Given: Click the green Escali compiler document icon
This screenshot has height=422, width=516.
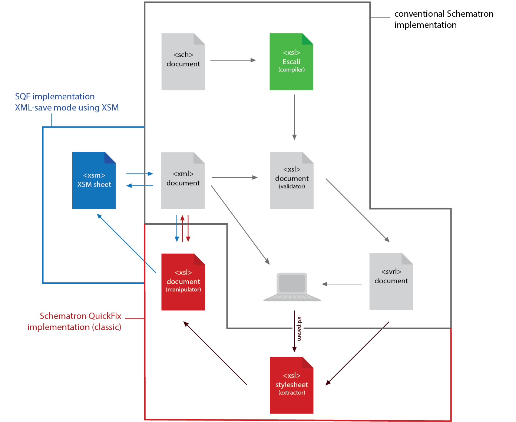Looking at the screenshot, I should click(x=291, y=62).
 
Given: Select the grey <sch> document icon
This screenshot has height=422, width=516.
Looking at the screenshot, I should click(x=183, y=62).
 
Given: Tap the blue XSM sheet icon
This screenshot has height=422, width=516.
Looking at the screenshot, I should click(x=94, y=180).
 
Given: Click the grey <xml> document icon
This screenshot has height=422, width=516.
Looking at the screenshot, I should click(x=183, y=181).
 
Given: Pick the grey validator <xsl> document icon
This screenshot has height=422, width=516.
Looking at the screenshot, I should click(x=292, y=181).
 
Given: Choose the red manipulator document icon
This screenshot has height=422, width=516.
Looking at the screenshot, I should click(x=183, y=282).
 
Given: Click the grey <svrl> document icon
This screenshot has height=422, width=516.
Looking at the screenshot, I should click(x=391, y=281).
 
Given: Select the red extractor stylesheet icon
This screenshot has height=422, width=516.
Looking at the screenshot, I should click(x=291, y=385).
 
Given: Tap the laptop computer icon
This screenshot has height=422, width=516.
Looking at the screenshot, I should click(x=292, y=287).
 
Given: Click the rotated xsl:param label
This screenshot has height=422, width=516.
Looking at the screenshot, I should click(x=299, y=329).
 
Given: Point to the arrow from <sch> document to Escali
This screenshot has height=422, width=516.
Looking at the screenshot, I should click(x=233, y=60).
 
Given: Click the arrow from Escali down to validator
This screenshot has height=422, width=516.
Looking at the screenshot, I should click(x=294, y=117).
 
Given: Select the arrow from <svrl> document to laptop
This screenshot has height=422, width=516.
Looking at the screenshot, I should click(x=342, y=284).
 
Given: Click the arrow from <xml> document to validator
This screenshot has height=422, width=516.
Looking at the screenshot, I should click(x=234, y=178).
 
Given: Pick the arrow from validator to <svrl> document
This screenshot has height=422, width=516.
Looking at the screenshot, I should click(x=357, y=210).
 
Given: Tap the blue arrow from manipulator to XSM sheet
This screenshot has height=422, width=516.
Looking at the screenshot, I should click(x=126, y=243).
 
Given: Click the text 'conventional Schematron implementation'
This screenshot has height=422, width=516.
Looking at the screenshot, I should click(x=443, y=19).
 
